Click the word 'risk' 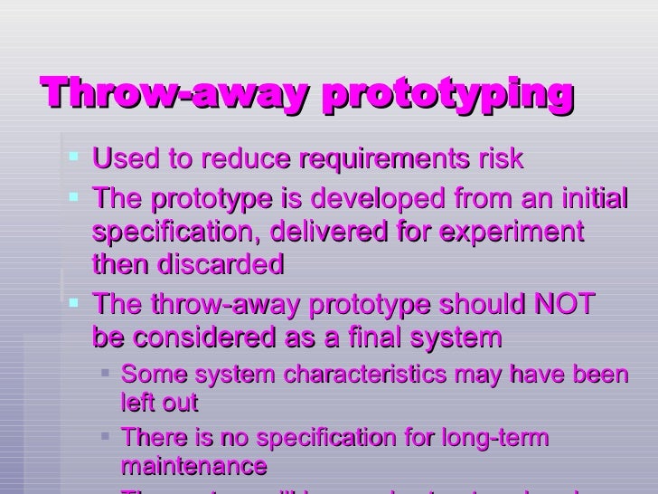click(501, 159)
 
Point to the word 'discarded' click(221, 265)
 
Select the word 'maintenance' click(193, 466)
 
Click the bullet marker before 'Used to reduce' click(74, 159)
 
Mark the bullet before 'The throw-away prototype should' click(74, 303)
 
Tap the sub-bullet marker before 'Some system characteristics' click(107, 373)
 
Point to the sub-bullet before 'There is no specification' click(107, 437)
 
